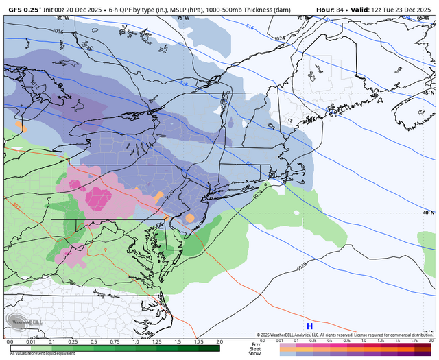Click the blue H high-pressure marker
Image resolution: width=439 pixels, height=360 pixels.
[309, 326]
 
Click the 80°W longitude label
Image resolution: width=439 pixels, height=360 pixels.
[63, 18]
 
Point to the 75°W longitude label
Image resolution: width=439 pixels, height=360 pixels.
[182, 18]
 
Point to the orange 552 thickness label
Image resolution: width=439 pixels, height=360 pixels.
[16, 205]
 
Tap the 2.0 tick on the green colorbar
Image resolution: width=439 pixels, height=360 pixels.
[219, 341]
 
